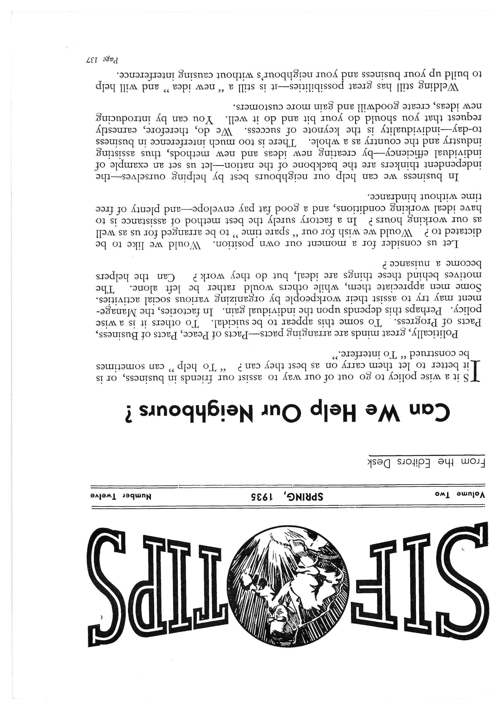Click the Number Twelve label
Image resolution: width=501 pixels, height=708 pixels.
click(120, 496)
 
